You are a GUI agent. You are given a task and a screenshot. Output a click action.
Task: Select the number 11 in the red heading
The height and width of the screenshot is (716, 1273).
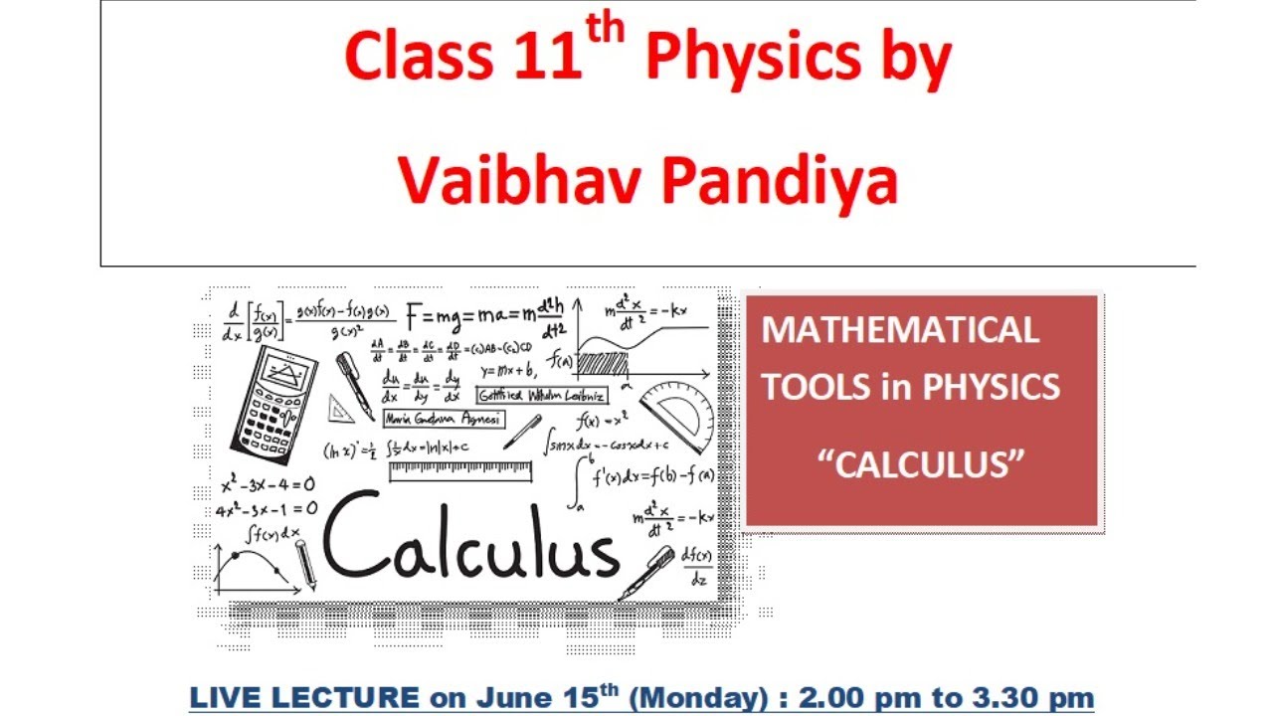(x=548, y=57)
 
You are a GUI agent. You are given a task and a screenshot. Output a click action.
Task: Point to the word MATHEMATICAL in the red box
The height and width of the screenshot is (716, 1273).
(x=900, y=330)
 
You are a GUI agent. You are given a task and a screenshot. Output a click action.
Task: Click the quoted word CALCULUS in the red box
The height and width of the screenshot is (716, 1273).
(x=920, y=463)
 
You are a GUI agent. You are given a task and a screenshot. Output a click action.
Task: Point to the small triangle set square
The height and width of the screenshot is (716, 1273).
(x=340, y=408)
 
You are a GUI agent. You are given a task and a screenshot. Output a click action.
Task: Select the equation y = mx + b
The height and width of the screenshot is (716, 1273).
(x=508, y=371)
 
